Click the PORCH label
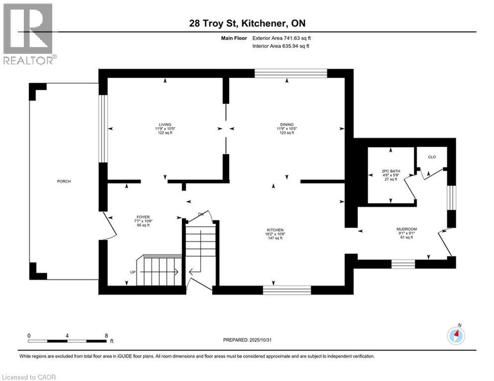tap(64, 182)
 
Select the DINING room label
tap(286, 125)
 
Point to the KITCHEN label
tap(275, 230)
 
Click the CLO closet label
tap(431, 157)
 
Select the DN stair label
tap(201, 214)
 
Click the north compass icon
tap(455, 336)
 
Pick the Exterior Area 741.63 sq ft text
tap(282, 38)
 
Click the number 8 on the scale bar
tap(106, 335)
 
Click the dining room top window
tap(291, 73)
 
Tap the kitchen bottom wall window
tap(287, 290)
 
